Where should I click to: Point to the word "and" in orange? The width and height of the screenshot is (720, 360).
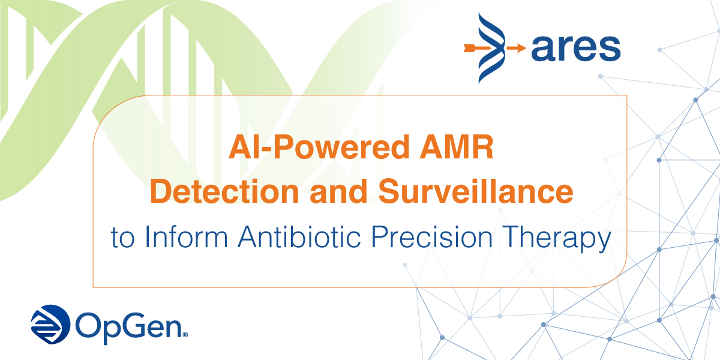point(328,192)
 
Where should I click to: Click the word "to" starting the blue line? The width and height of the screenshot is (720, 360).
point(122,238)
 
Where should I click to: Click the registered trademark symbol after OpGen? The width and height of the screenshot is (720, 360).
point(185,334)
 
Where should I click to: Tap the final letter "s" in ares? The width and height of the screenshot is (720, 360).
point(609,48)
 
